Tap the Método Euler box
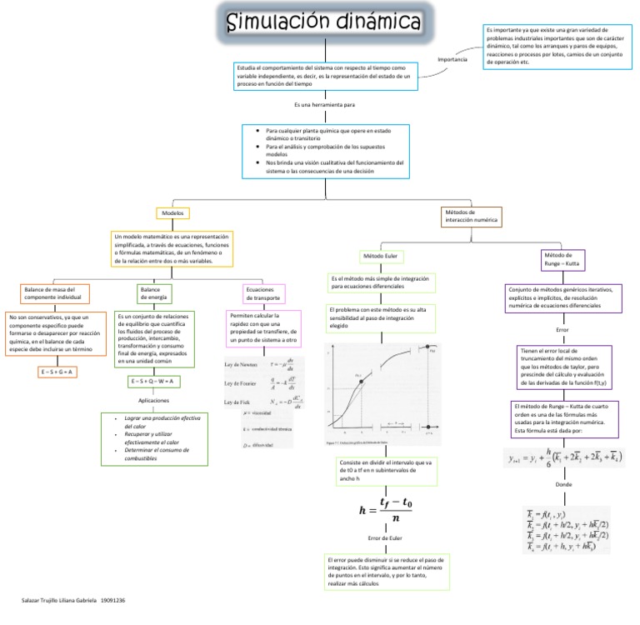pos(380,255)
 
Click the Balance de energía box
pos(153,292)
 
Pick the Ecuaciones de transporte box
pos(262,292)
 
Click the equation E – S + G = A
pos(57,371)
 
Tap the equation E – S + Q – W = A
pos(155,381)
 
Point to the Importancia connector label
pos(452,59)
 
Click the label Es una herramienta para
pos(324,105)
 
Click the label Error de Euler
pos(384,538)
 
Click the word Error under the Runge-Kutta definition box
pos(562,331)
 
